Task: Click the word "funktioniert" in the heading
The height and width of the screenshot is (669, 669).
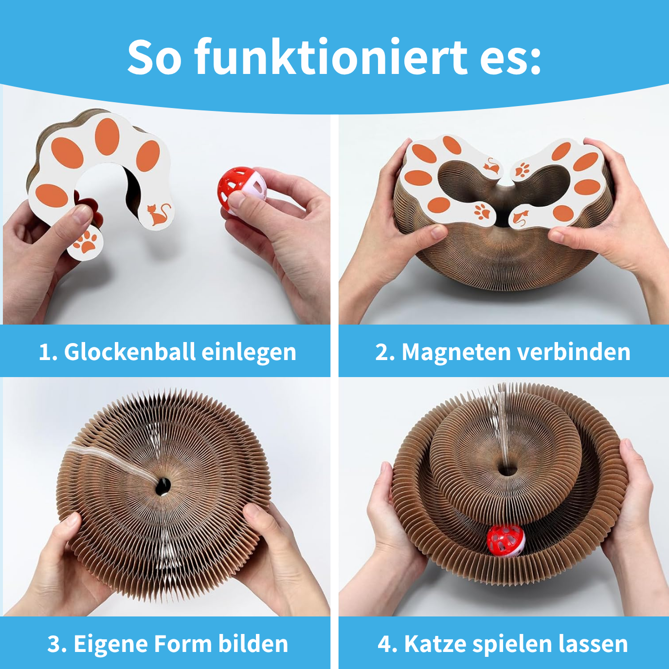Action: (331, 56)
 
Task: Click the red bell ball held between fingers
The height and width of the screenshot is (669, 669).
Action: (242, 189)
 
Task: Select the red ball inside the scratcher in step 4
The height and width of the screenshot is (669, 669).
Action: (506, 541)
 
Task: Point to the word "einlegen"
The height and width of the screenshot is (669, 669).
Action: (249, 352)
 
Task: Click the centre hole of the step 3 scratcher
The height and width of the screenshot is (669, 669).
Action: (163, 486)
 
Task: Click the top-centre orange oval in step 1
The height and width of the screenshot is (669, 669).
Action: (107, 136)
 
